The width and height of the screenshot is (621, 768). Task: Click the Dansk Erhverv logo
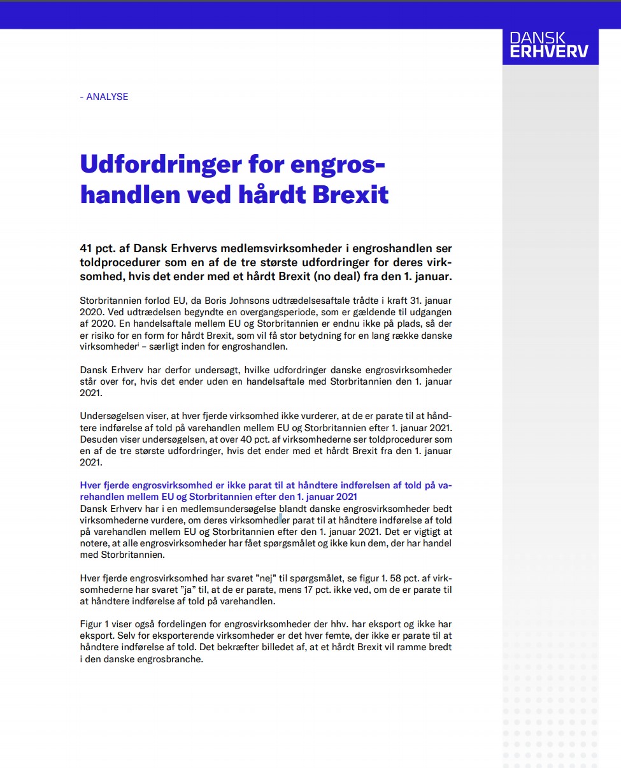point(550,45)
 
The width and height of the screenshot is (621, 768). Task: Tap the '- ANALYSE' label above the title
point(104,97)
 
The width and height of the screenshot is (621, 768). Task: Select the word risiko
point(104,335)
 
